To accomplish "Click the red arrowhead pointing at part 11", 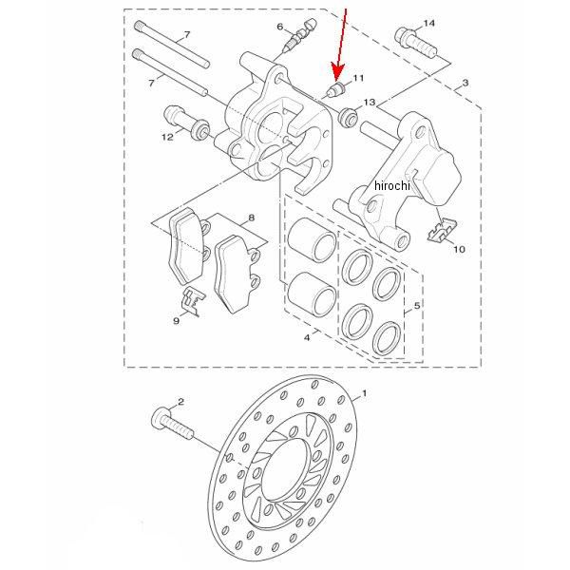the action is [337, 72].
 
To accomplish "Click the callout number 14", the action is [429, 23].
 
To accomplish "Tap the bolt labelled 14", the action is [415, 43].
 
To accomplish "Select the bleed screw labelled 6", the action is [300, 35].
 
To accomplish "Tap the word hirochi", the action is [391, 185].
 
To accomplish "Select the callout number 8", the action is [251, 218].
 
